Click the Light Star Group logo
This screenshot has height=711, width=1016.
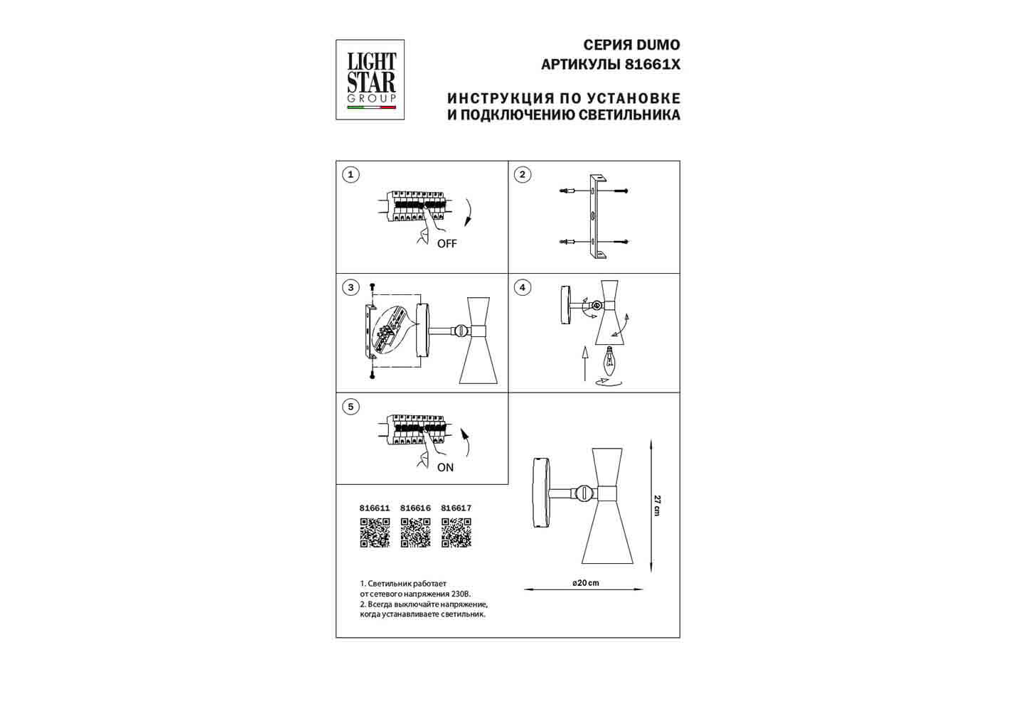pyautogui.click(x=370, y=80)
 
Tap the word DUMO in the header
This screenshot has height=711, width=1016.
pyautogui.click(x=658, y=45)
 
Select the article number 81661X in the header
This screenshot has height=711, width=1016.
pyautogui.click(x=652, y=65)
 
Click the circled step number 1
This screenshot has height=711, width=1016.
pyautogui.click(x=351, y=175)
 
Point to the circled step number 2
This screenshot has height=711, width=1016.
pyautogui.click(x=523, y=175)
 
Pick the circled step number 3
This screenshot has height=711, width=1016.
pyautogui.click(x=351, y=287)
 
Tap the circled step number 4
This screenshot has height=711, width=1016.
pyautogui.click(x=523, y=287)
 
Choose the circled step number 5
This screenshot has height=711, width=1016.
pyautogui.click(x=351, y=407)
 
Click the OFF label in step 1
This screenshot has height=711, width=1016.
pyautogui.click(x=446, y=244)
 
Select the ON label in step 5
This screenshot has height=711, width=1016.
pyautogui.click(x=445, y=468)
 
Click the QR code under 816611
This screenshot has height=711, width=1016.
pyautogui.click(x=375, y=533)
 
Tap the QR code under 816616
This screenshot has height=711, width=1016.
pyautogui.click(x=415, y=533)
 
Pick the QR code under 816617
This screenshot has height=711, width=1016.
pyautogui.click(x=456, y=533)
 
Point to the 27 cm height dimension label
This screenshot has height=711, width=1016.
pyautogui.click(x=657, y=506)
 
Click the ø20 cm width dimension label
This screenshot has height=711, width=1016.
pyautogui.click(x=586, y=583)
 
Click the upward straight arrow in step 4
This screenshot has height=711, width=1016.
pyautogui.click(x=585, y=363)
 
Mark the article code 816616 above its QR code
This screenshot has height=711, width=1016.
pyautogui.click(x=415, y=508)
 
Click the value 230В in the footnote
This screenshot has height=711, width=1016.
pyautogui.click(x=461, y=594)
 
